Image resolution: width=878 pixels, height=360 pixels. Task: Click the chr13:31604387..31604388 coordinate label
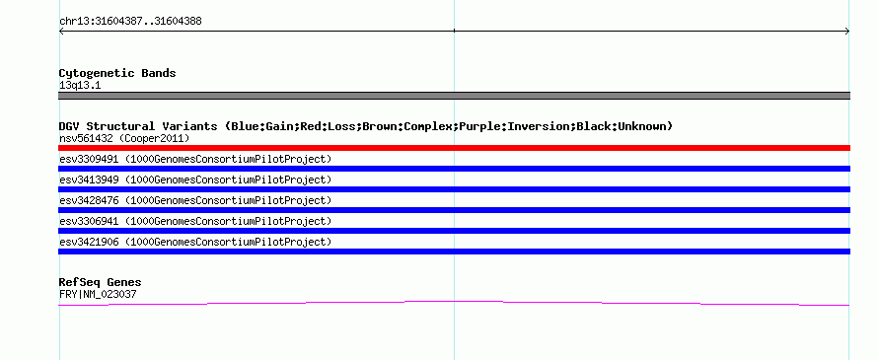[130, 22]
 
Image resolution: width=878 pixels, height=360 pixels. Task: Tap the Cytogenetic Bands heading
[117, 73]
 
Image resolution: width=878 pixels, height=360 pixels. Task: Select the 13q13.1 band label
[80, 86]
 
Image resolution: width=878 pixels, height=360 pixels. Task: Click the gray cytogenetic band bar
[454, 96]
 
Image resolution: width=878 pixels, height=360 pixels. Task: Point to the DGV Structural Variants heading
[366, 126]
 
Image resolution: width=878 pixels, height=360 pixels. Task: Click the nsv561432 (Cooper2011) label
[124, 138]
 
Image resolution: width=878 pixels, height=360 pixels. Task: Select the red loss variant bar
[454, 148]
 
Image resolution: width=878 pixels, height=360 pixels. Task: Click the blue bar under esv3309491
[454, 169]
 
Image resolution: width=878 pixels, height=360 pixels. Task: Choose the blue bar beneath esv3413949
[454, 189]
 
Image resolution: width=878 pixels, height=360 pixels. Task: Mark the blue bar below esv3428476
[454, 210]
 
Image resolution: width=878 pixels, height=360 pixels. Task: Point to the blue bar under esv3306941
[454, 231]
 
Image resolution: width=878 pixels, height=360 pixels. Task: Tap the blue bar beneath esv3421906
[454, 252]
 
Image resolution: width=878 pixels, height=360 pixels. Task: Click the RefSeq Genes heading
[101, 282]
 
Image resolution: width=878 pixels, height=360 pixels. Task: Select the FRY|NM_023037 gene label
[98, 295]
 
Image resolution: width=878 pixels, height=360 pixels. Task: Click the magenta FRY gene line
[454, 301]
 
